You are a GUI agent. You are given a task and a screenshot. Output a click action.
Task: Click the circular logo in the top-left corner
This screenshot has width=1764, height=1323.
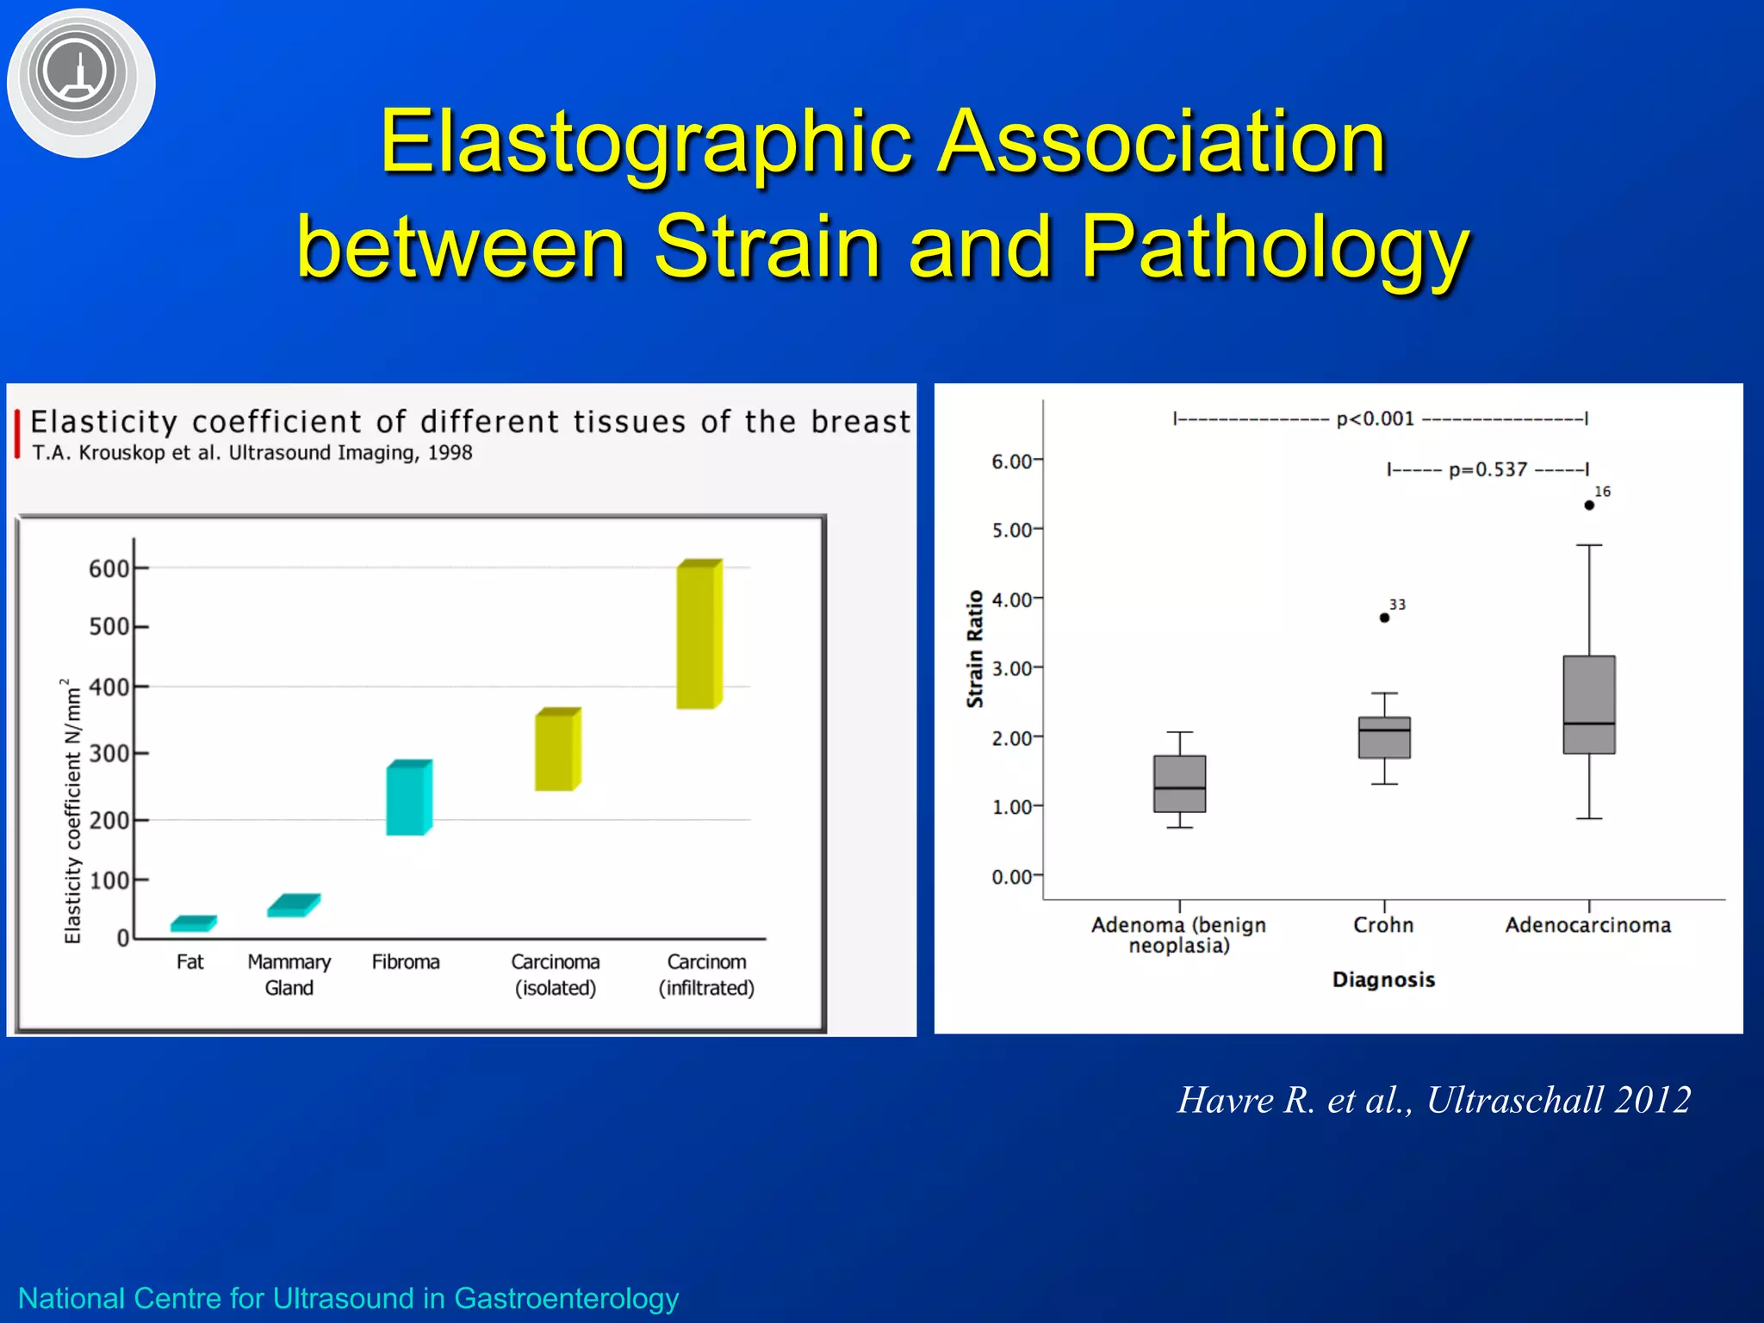coord(81,82)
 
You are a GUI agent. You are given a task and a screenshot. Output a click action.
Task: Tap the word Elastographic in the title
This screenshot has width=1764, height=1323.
coord(646,142)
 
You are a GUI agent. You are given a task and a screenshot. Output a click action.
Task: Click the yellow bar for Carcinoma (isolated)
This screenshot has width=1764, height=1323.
coord(556,749)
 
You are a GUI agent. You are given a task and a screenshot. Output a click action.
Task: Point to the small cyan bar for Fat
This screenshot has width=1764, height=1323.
coord(193,923)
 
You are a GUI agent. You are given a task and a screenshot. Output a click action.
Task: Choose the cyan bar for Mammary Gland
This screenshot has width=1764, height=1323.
coord(293,905)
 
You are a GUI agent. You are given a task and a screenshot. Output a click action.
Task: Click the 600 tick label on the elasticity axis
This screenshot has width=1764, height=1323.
coord(109,568)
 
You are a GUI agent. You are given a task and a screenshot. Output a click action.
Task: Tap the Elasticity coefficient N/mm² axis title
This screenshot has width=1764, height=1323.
coord(73,810)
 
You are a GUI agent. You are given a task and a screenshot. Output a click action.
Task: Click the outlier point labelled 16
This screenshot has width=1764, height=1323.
coord(1589,505)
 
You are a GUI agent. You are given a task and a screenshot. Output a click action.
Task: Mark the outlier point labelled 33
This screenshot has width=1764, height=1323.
coord(1384,618)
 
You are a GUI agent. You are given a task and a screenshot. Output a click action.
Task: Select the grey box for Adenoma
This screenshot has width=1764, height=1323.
coord(1179,784)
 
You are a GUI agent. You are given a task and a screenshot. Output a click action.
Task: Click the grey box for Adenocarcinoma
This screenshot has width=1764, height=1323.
coord(1589,705)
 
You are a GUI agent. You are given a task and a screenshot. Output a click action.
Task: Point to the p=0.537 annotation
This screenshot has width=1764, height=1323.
coord(1488,469)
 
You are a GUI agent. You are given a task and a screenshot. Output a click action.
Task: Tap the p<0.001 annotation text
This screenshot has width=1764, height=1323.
coord(1376,419)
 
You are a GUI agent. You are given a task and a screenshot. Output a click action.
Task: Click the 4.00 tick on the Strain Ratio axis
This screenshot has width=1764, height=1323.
coord(1012,599)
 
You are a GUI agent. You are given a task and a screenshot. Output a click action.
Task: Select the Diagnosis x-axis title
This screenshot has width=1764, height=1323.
coord(1383,979)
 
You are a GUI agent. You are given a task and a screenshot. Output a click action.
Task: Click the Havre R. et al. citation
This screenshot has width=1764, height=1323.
coord(1434,1100)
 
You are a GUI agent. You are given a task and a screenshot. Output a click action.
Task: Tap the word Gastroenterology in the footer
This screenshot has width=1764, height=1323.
coord(566,1297)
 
